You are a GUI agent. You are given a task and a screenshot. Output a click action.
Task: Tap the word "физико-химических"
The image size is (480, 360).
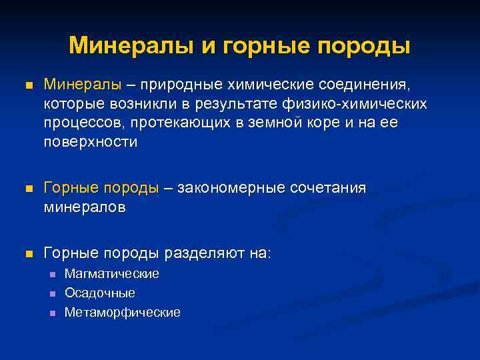[x=365, y=105]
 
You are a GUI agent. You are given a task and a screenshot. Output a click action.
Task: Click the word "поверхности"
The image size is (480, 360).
[x=91, y=143]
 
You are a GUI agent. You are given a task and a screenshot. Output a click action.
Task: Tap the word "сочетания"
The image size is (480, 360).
[x=328, y=189]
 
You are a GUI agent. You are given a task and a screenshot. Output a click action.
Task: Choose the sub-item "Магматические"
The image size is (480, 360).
[x=111, y=274]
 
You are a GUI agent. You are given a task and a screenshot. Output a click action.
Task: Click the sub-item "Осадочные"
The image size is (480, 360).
[x=99, y=293]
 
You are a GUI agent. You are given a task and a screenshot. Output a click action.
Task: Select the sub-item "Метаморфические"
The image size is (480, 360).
[x=122, y=313]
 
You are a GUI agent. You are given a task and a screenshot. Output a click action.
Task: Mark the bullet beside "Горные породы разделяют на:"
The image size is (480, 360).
[x=27, y=254]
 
